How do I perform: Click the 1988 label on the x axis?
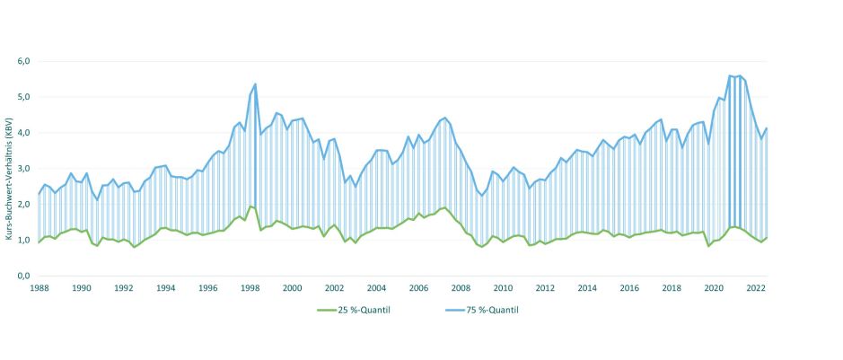pos(40,288)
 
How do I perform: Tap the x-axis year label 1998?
pos(250,288)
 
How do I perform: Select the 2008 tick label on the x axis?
pos(461,288)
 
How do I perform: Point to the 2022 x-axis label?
pos(756,288)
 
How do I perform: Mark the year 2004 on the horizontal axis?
pos(376,288)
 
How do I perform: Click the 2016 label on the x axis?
pos(629,288)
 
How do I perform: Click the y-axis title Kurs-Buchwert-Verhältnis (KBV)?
pos(8,179)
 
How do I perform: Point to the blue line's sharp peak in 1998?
pos(256,84)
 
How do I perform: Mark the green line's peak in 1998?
pos(251,206)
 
